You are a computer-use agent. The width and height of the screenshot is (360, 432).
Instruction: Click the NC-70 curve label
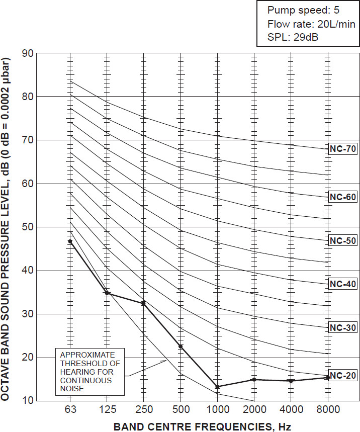pos(343,149)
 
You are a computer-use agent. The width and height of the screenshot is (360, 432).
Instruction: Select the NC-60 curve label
pos(343,197)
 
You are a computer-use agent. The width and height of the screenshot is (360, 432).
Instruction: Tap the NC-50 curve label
pos(343,240)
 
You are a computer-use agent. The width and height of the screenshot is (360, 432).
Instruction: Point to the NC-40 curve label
pos(343,284)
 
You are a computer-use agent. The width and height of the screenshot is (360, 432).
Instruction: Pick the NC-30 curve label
pos(343,327)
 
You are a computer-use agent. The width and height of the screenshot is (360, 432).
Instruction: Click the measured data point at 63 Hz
pos(70,241)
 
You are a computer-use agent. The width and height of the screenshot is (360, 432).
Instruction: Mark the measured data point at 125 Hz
pos(107,293)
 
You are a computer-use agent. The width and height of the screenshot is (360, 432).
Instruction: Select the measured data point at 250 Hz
pos(144,303)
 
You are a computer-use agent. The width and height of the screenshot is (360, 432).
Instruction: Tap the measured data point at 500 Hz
pos(181,346)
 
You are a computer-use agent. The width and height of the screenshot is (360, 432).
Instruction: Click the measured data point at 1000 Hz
pos(217,386)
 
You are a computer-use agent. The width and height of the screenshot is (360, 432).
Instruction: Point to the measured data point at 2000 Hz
pos(254,379)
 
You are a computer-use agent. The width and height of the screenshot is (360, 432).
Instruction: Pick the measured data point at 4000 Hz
pos(291,381)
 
